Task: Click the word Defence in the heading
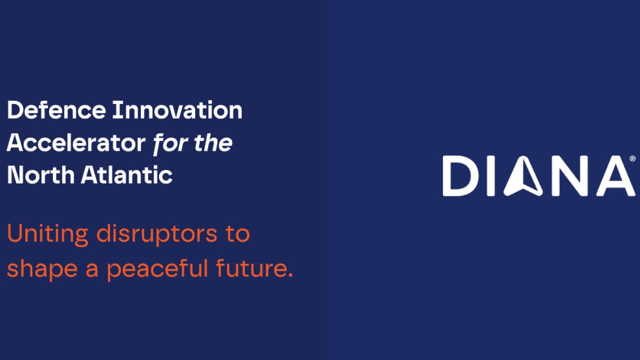[x=56, y=111]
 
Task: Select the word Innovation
[x=177, y=111]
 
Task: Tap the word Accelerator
[x=76, y=143]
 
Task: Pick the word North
[x=40, y=175]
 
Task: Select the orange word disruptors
[x=156, y=235]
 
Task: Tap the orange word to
[x=237, y=234]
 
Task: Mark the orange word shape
[x=43, y=269]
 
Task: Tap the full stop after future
[x=290, y=276]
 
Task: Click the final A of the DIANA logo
[x=615, y=176]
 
